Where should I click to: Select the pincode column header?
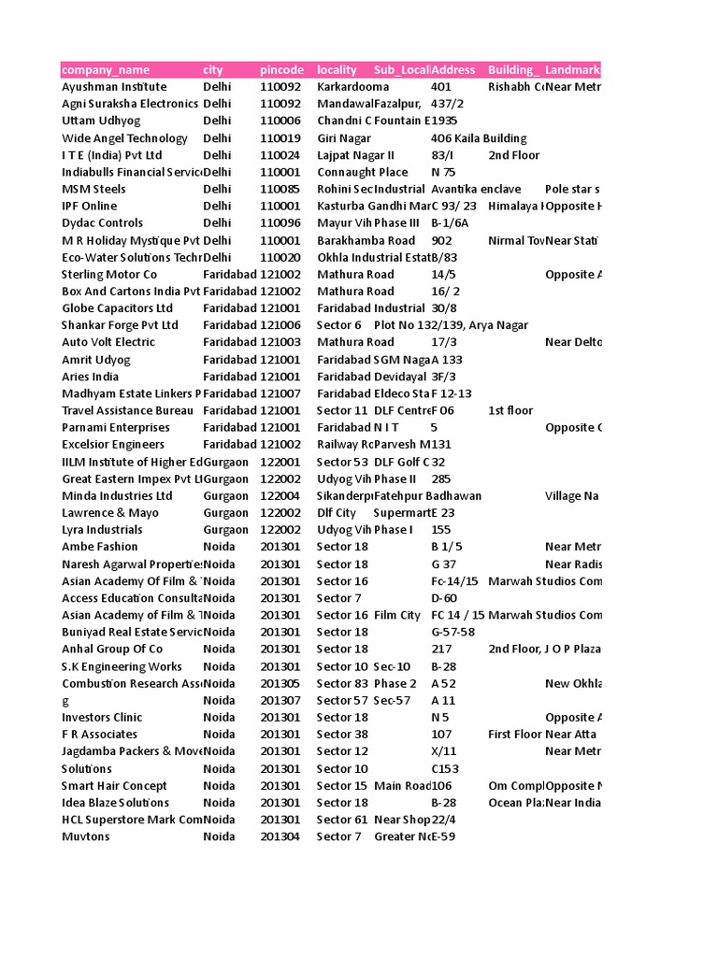(x=281, y=70)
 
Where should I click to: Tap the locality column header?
(x=337, y=70)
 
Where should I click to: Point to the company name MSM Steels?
(x=93, y=189)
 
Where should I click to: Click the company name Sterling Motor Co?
(x=109, y=275)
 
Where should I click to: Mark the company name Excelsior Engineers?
(x=113, y=445)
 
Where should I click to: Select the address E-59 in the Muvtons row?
(x=443, y=836)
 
